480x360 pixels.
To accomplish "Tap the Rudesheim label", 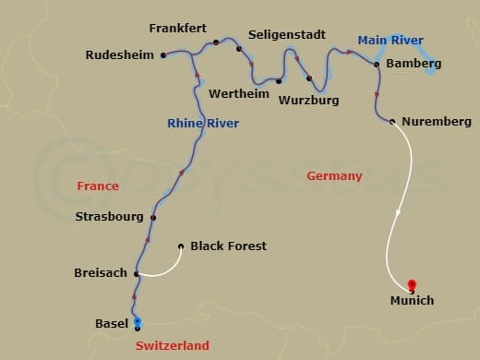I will pos(120,55).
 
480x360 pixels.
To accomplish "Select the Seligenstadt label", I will pos(286,35).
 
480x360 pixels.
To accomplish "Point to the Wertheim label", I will pos(239,94).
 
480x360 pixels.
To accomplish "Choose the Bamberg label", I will pos(414,64).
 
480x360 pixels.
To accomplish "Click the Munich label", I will pos(411,301).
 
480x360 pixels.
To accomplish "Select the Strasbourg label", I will pos(109,217).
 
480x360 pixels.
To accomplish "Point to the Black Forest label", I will pos(228,246).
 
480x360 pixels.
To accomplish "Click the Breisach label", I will pos(101,273).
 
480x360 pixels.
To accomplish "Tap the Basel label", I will pos(112,324).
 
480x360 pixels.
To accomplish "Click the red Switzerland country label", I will pos(172,345).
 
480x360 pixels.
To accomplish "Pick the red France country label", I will pos(98,186).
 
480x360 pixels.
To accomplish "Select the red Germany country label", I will pos(334,175).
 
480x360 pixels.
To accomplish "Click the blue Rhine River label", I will pos(203,124).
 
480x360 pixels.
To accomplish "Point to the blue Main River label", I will pos(390,40).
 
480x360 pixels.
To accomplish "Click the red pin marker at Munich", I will pos(412,285).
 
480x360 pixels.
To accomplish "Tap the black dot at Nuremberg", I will pos(393,121).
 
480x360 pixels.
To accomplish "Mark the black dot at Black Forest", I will pos(180,246).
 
